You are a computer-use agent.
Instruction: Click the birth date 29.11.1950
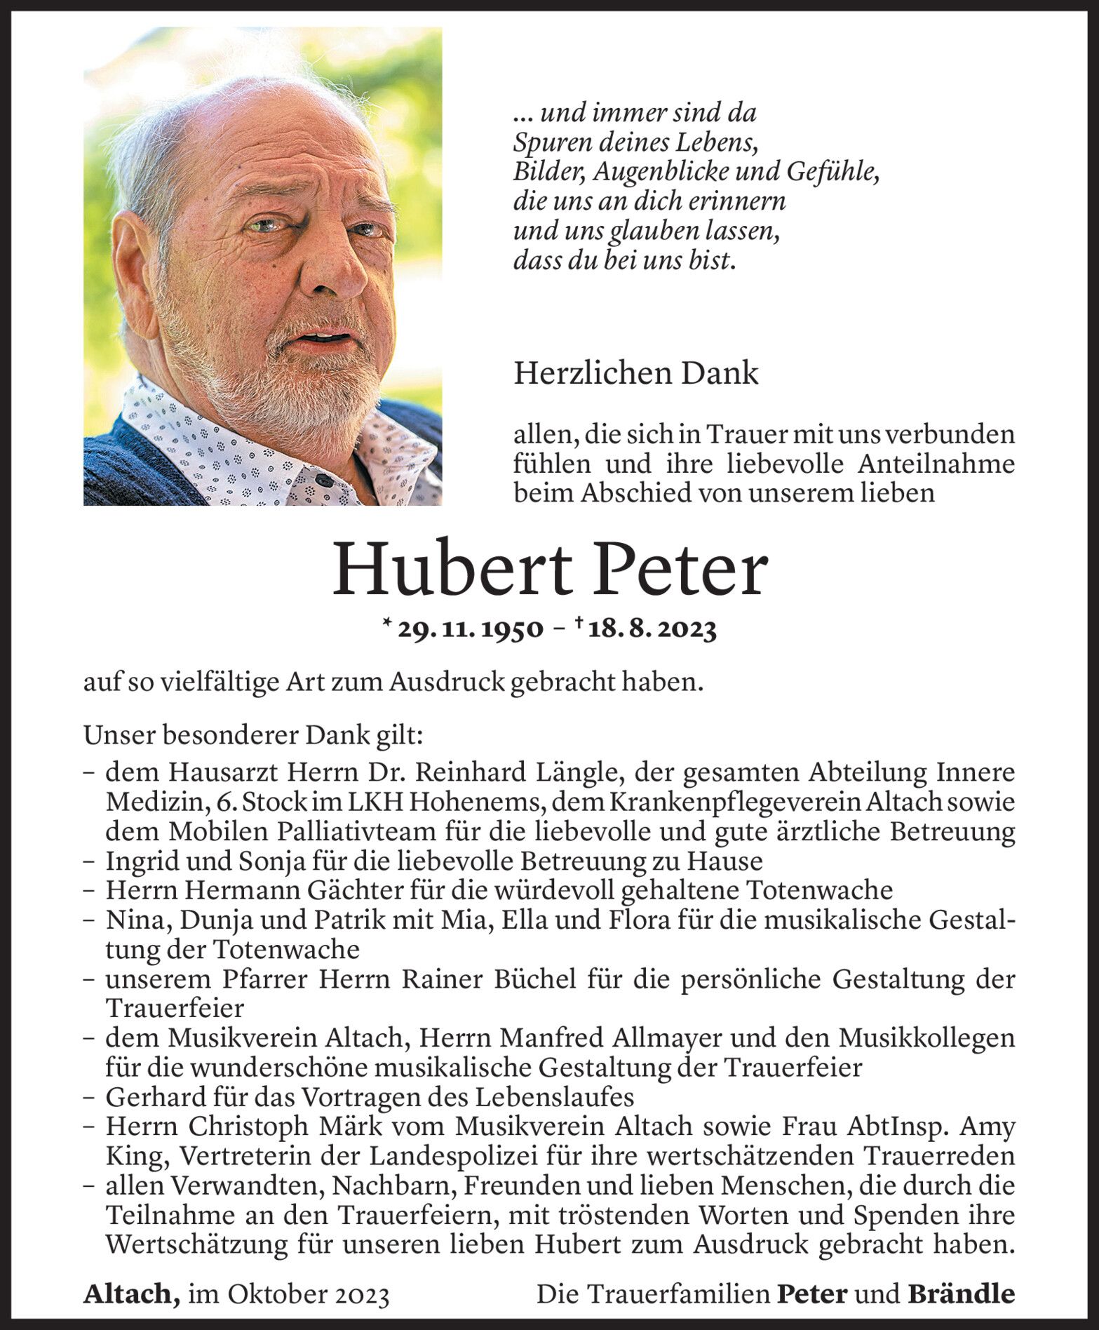[x=470, y=630]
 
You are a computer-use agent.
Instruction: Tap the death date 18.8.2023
[x=652, y=630]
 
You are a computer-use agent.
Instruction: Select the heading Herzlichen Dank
[x=635, y=374]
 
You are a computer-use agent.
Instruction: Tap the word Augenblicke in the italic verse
[x=704, y=172]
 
